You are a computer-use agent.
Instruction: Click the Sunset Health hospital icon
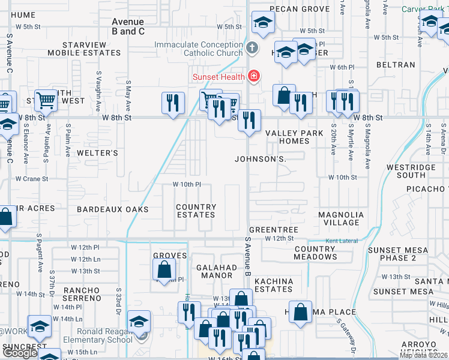coord(254,76)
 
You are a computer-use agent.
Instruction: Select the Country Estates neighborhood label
coord(196,211)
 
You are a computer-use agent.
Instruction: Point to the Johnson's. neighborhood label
coord(259,159)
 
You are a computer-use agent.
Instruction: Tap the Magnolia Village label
coord(341,218)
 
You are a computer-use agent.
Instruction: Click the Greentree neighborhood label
coord(273,230)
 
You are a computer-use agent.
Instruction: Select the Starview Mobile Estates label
coord(88,49)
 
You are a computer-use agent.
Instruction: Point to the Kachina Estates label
coord(274,285)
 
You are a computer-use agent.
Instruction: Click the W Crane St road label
coord(32,179)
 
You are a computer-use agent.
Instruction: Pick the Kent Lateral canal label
coord(341,241)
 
